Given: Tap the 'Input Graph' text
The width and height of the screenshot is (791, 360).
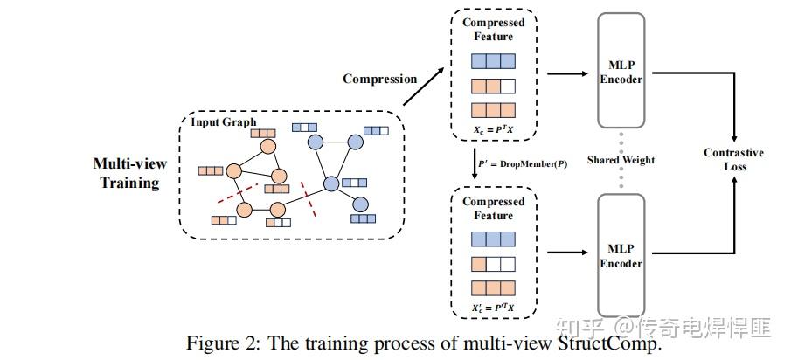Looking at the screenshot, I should (224, 121).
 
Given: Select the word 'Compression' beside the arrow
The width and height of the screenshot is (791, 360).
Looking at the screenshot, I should (379, 79).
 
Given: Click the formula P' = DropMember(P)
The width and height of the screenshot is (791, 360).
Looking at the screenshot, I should (517, 163).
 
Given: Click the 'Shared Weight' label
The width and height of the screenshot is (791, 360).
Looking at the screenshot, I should (621, 160).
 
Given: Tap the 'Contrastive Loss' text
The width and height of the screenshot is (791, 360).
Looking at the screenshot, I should (733, 159).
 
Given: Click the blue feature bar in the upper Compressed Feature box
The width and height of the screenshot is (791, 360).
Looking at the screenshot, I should (494, 62).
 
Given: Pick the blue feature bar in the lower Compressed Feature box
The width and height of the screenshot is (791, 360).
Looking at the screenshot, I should (494, 239).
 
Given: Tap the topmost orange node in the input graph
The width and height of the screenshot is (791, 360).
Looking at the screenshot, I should (268, 145).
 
